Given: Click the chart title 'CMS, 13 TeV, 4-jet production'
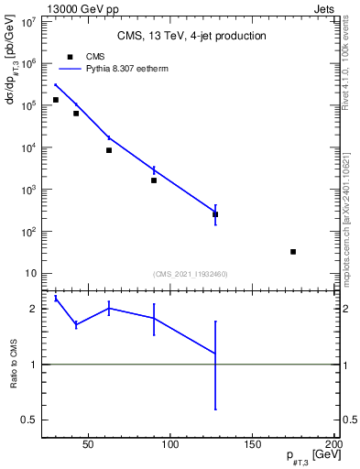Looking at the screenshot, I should (x=191, y=36).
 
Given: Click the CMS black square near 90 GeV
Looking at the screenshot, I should (x=154, y=180).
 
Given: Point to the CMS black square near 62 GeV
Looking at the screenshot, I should (x=109, y=150).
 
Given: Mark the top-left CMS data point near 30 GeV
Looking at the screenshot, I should (x=56, y=100).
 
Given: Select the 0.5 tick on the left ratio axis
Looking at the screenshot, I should (x=29, y=420).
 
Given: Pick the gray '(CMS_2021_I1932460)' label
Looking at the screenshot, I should (x=191, y=273).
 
